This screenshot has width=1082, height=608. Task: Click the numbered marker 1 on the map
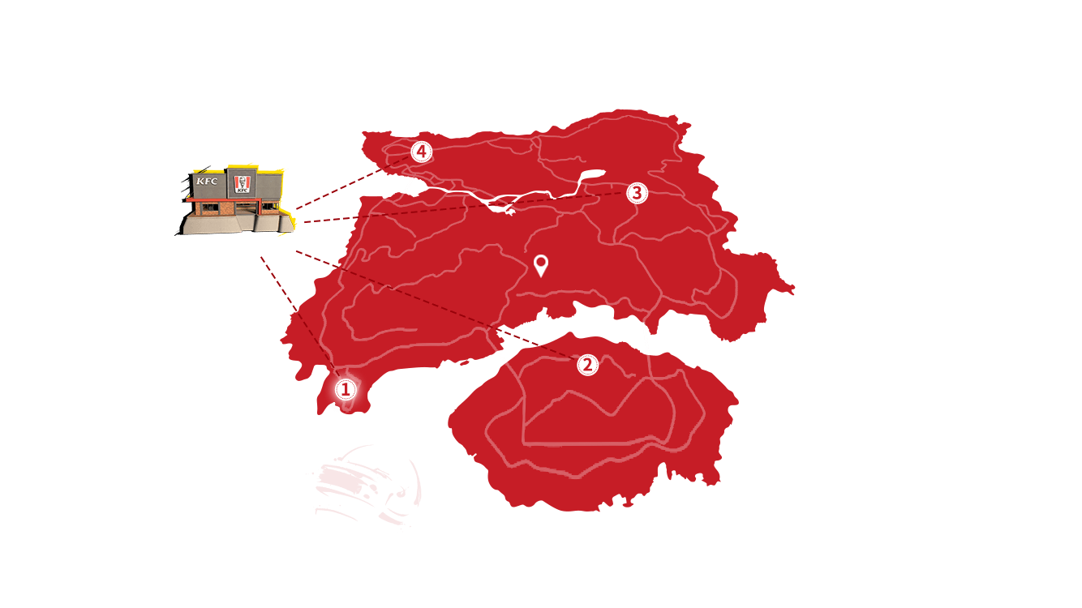[346, 389]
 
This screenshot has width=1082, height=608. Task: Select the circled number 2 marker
[587, 365]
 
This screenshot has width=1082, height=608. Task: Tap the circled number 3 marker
[637, 193]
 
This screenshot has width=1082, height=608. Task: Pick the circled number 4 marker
[421, 152]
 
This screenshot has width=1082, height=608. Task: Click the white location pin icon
[541, 265]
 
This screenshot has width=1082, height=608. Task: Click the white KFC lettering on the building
[207, 182]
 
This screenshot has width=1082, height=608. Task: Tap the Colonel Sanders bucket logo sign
[242, 184]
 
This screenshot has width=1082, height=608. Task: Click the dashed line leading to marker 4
[353, 183]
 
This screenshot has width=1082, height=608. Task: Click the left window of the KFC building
[208, 209]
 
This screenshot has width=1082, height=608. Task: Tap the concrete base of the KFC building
[236, 224]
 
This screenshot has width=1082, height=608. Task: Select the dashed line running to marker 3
[465, 208]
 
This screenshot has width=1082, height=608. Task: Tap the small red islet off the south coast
[464, 362]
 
